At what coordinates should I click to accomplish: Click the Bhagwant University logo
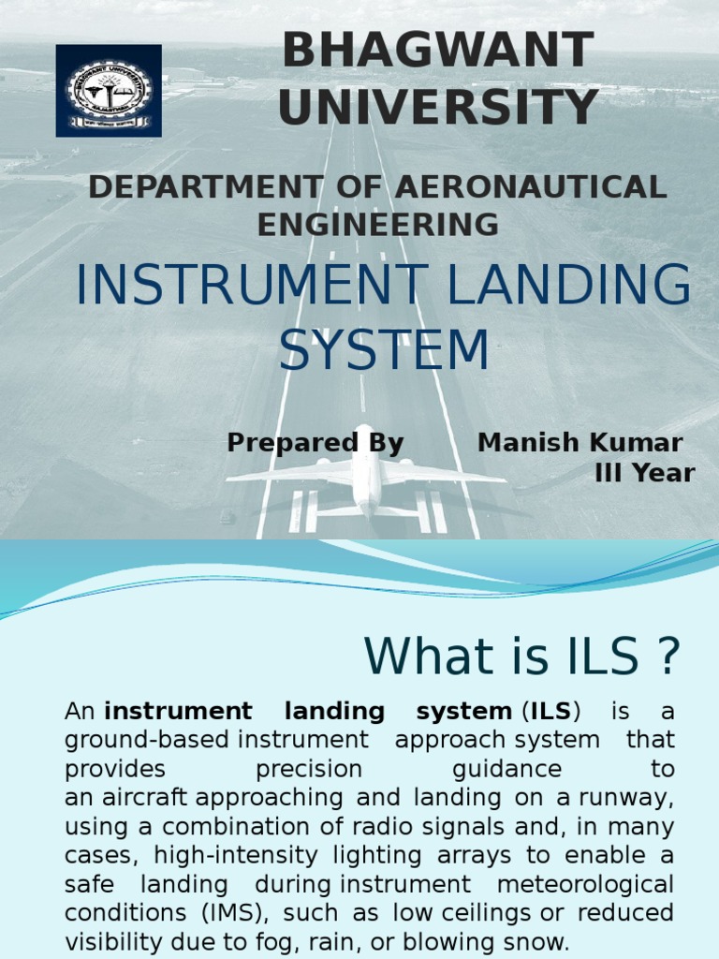click(109, 91)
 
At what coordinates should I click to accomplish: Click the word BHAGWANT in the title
click(438, 51)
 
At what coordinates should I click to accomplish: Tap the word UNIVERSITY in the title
click(438, 107)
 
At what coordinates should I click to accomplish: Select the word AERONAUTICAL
click(531, 186)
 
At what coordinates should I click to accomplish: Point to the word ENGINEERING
click(377, 225)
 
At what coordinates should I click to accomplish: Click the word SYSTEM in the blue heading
click(384, 350)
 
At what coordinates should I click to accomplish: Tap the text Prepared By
click(315, 443)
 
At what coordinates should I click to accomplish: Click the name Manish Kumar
click(580, 443)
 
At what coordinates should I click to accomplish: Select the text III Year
click(645, 474)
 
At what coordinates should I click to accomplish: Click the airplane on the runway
click(366, 478)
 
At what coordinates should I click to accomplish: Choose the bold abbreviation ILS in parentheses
click(550, 712)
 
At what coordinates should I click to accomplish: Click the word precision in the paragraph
click(308, 770)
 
